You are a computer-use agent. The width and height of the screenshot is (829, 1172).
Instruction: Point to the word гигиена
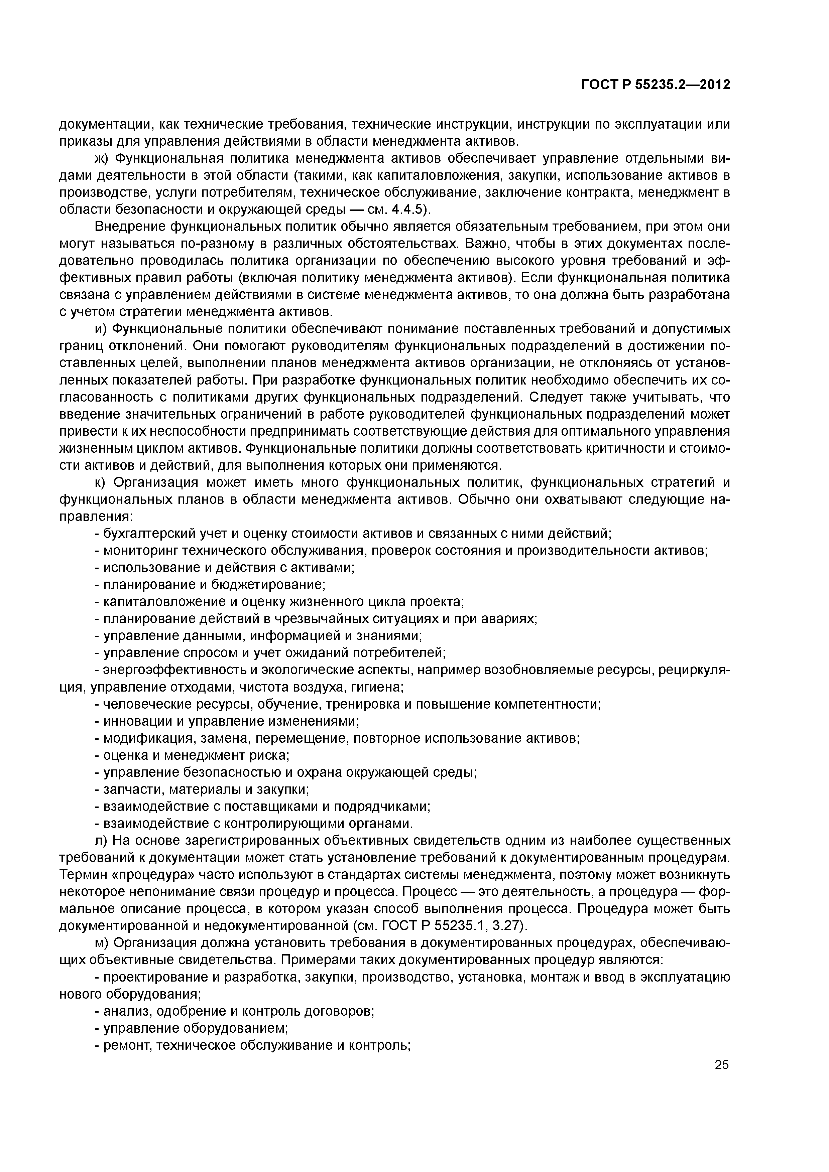point(382,688)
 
